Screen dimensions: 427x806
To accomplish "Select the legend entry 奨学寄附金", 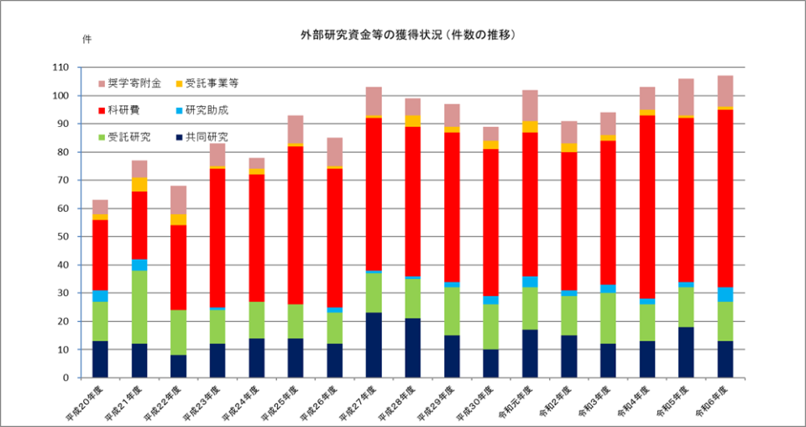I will click(x=133, y=83).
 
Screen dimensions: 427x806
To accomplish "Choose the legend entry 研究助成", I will click(x=206, y=110).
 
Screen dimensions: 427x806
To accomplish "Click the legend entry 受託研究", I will click(x=128, y=137).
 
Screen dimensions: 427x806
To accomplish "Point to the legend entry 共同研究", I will click(x=206, y=137).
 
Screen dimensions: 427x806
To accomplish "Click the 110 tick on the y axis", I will click(x=60, y=67).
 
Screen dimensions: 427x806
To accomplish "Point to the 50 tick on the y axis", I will click(x=63, y=237).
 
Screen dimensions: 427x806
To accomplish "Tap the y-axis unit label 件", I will click(x=86, y=40).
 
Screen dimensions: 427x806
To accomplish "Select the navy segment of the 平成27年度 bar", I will click(x=374, y=345).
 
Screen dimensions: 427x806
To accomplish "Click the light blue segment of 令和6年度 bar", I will click(x=725, y=294).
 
